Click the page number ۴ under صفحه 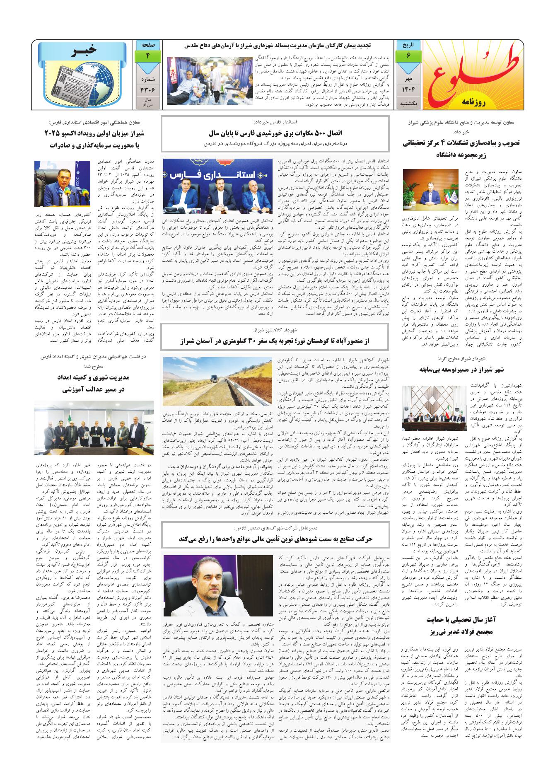point(147,56)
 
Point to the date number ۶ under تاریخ point(408,56)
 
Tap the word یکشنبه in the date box point(408,103)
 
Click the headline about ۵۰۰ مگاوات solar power point(275,133)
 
